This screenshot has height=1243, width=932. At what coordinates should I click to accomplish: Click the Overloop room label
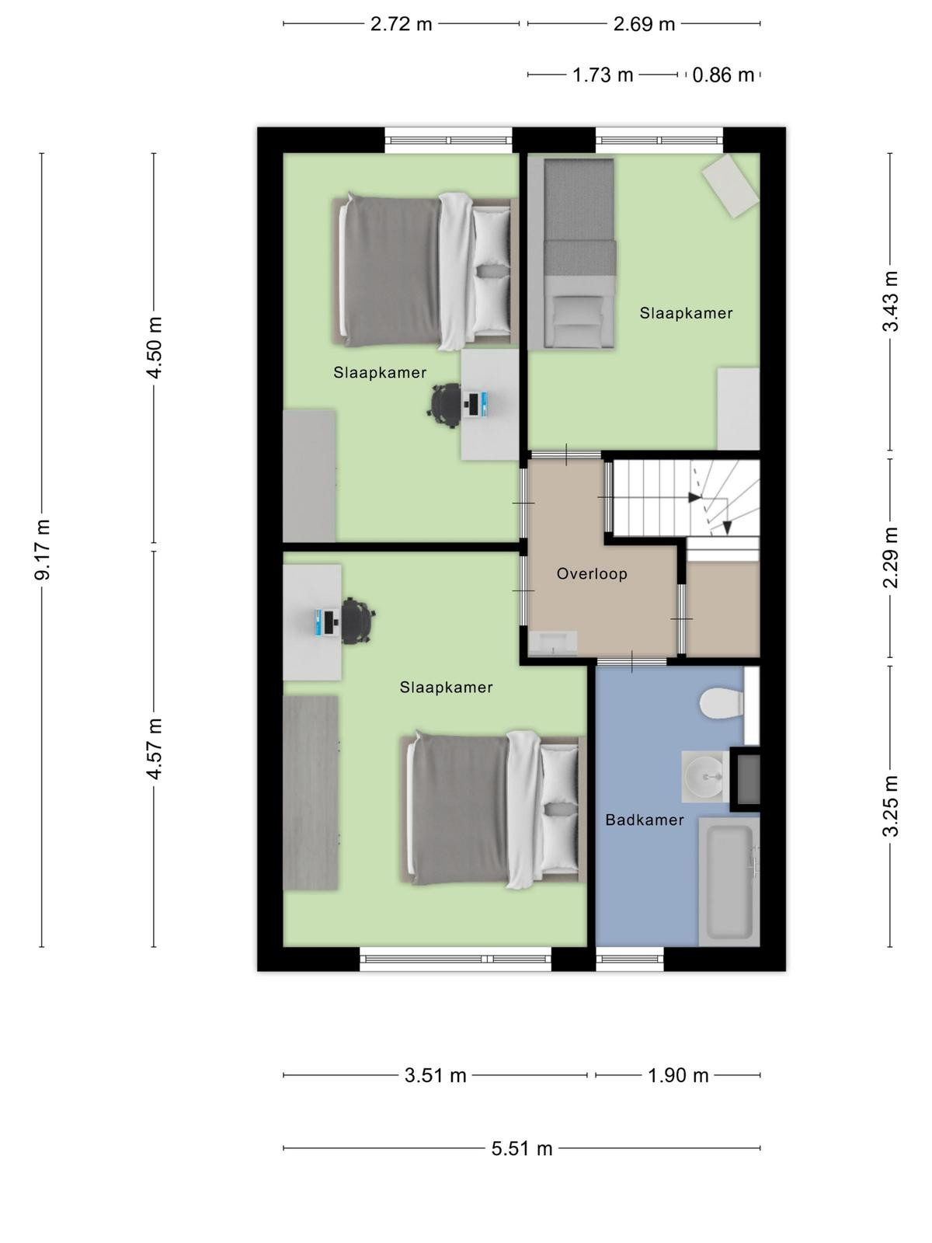coord(592,573)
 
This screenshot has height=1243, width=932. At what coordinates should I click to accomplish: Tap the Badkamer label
coord(645,820)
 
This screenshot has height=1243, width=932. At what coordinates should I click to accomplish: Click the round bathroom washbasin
coord(704,776)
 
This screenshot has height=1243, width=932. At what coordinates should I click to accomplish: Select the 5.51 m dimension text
coord(522,1148)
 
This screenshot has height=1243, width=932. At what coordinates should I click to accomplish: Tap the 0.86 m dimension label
coord(723,75)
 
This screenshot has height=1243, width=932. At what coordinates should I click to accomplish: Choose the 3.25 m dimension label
coord(890,806)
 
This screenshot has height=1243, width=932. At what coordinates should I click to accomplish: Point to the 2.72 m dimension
coord(402,24)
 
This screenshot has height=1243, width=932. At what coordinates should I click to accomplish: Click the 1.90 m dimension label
coord(678,1075)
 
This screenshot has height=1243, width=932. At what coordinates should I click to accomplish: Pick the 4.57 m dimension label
coord(155,748)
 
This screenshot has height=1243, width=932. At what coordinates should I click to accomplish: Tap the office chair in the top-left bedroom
coord(444,404)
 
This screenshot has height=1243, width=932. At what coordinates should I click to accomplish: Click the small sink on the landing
coord(552,644)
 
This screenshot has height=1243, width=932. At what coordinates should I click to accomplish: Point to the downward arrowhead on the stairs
coord(727,527)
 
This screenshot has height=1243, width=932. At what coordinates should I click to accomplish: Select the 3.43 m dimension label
coord(890,301)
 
